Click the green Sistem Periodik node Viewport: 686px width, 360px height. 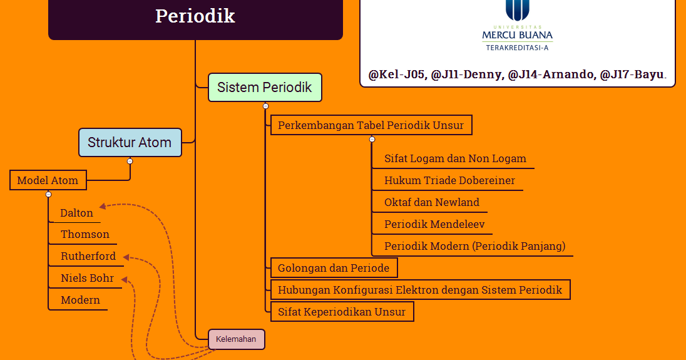(x=265, y=88)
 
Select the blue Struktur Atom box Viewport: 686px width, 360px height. (x=130, y=143)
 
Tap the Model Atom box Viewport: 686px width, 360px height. (x=48, y=180)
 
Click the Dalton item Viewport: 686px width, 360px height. (x=76, y=213)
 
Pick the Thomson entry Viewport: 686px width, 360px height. (x=84, y=234)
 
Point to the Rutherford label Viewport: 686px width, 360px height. (x=88, y=256)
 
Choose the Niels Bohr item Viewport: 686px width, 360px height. (x=87, y=278)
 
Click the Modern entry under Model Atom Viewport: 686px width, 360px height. (x=80, y=300)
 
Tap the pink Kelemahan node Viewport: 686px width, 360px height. (x=236, y=339)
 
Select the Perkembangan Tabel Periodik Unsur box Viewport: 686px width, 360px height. (x=371, y=125)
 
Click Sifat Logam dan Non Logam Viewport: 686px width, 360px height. (x=455, y=158)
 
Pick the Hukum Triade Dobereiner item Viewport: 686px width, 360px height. (x=449, y=180)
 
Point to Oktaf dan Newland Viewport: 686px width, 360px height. (x=431, y=202)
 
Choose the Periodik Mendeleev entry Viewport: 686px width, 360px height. (x=434, y=224)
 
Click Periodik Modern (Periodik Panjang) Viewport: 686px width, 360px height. (x=474, y=246)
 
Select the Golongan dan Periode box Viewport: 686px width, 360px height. (x=334, y=268)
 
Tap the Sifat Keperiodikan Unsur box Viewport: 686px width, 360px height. (x=342, y=312)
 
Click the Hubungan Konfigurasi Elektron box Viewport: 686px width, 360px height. (x=420, y=290)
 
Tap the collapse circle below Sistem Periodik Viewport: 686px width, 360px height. (x=265, y=106)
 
